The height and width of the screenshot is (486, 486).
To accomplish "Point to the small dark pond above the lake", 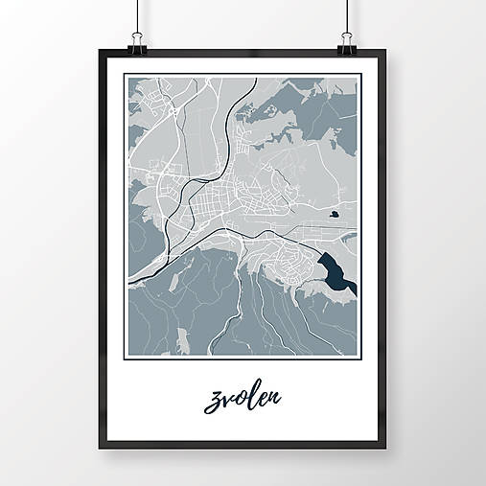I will tap(333, 215).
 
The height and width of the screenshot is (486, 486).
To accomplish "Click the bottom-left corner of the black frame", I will tap(101, 447).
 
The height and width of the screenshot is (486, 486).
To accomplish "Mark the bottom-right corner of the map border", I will tap(359, 357).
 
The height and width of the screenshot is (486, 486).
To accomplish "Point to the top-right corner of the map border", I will tap(359, 75).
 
